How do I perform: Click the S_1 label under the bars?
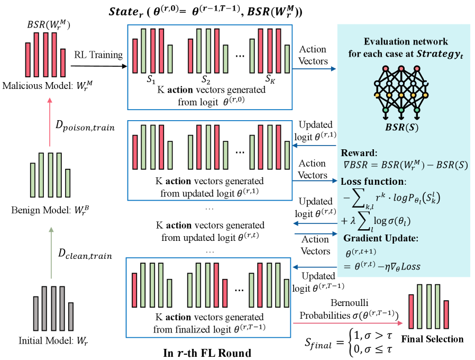tap(152, 80)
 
